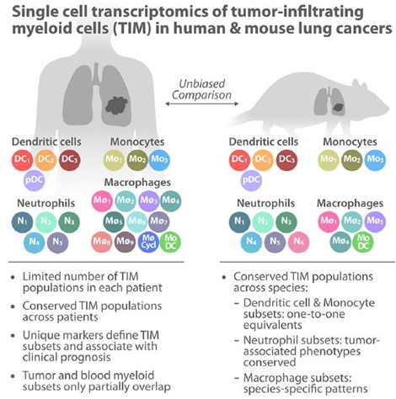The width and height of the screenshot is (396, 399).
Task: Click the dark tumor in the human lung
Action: click(x=116, y=105)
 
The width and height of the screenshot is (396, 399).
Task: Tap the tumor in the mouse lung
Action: click(x=338, y=107)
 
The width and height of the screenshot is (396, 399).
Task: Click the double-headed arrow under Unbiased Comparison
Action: click(x=201, y=104)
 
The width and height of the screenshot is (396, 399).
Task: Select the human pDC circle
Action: click(x=35, y=180)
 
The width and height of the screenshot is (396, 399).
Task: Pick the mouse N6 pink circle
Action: click(x=298, y=242)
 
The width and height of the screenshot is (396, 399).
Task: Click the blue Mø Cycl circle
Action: click(x=148, y=242)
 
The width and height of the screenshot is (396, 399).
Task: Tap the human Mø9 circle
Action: click(x=125, y=242)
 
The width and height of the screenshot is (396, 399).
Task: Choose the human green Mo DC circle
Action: click(x=170, y=242)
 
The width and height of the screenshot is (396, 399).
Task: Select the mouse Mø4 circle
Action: click(x=340, y=242)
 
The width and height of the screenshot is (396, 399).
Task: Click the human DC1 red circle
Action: click(x=23, y=160)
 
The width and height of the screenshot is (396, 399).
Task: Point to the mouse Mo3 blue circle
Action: click(x=375, y=160)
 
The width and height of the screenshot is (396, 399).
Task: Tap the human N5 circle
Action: click(x=57, y=242)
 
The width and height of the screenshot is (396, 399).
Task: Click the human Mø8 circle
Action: click(x=102, y=242)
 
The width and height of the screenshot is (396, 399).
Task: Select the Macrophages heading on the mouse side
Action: click(x=350, y=203)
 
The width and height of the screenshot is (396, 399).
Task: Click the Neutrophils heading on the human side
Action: click(x=46, y=203)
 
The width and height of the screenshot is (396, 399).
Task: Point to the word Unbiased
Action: click(x=202, y=83)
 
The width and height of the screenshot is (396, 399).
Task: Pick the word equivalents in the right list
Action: click(x=272, y=325)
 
